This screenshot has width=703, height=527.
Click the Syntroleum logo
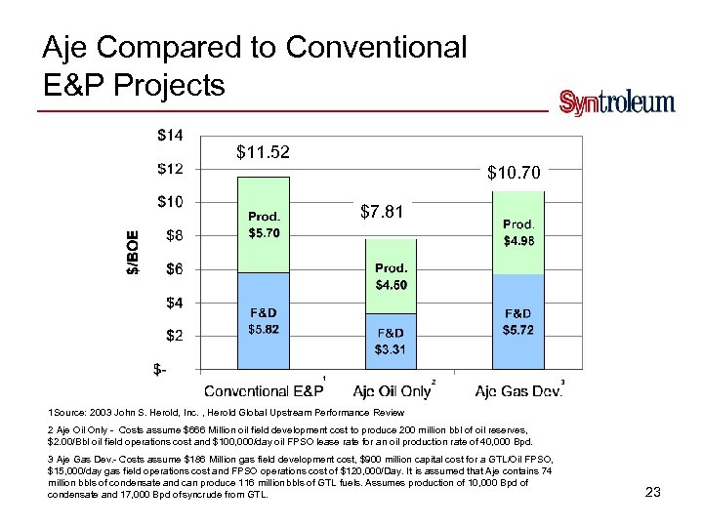616,103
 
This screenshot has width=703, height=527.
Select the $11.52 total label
264,152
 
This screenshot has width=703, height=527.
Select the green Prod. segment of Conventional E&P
264,224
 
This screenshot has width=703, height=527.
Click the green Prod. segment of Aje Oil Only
391,276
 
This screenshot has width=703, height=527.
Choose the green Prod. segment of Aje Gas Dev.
517,232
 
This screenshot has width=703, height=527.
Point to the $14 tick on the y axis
170,135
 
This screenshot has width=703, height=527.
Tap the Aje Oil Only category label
392,390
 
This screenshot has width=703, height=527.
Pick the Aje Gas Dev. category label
518,390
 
